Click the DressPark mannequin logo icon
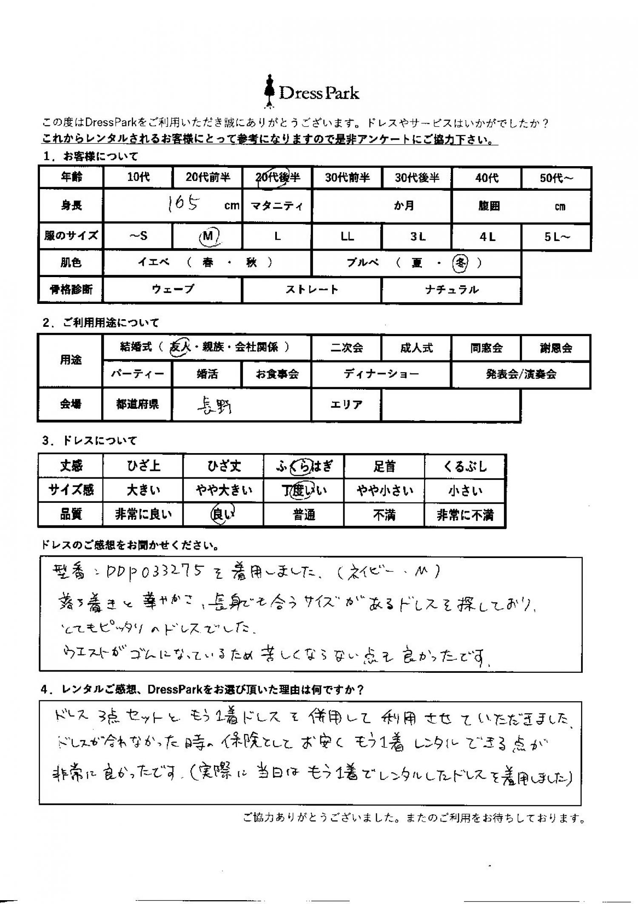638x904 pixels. click(x=269, y=91)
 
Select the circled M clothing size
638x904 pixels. click(x=209, y=236)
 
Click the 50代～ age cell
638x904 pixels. click(x=556, y=178)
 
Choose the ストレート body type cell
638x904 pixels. click(x=312, y=290)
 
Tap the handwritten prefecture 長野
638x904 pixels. click(x=215, y=407)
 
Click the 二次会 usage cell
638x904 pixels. click(x=347, y=348)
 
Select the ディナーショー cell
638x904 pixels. click(x=381, y=374)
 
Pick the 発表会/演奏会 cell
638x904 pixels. click(x=521, y=374)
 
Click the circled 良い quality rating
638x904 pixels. click(x=223, y=515)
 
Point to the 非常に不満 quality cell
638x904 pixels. click(x=465, y=515)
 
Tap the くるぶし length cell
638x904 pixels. click(x=465, y=467)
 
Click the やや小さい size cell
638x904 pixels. click(x=385, y=491)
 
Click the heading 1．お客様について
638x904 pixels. click(x=91, y=157)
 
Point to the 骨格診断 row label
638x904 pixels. click(x=71, y=290)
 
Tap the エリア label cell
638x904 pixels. click(x=346, y=405)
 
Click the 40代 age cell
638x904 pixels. click(x=487, y=178)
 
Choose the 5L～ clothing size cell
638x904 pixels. click(x=557, y=237)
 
